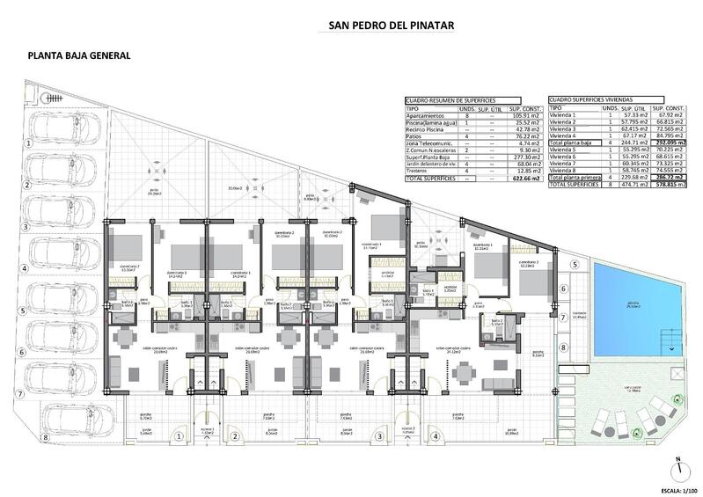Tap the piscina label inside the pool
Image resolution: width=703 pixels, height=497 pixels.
(633, 305)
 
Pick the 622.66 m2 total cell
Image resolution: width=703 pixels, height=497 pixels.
(512, 178)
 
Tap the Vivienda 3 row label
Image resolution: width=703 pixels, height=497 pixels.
(563, 128)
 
